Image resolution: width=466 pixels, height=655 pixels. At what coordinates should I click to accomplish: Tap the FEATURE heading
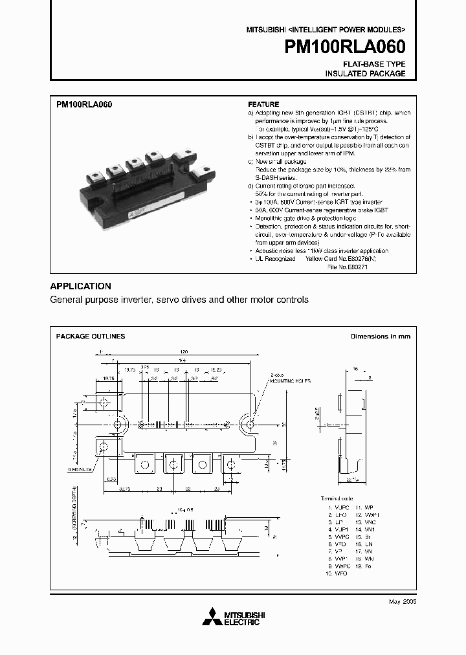[x=263, y=104]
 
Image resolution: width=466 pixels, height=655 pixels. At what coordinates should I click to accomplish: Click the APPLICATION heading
[x=80, y=286]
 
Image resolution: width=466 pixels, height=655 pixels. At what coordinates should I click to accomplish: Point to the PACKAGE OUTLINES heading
[x=91, y=337]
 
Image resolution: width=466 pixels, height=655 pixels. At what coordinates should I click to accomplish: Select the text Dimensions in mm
[x=380, y=337]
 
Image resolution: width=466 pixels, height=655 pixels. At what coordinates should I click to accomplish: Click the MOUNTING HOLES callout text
[x=285, y=383]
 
